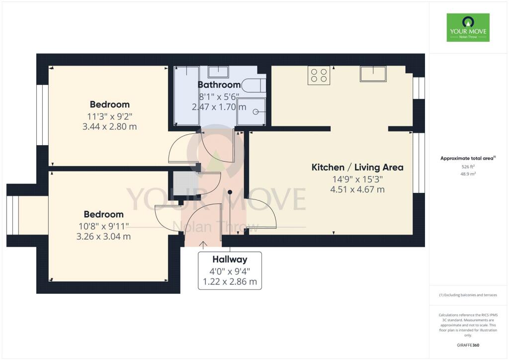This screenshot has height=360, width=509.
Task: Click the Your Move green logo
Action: point(468,27)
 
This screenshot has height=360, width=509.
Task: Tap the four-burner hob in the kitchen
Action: point(319,75)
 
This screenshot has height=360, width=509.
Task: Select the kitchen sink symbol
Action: point(373,74)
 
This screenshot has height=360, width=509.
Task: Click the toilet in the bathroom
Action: point(254,86)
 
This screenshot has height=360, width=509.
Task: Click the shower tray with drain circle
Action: point(251,111)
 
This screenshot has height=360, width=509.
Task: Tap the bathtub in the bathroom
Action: point(187,96)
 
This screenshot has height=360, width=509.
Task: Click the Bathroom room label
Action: point(219,85)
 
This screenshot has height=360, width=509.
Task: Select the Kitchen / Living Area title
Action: point(357,167)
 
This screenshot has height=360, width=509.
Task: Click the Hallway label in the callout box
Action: point(230,260)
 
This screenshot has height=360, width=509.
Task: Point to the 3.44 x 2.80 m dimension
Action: point(109,127)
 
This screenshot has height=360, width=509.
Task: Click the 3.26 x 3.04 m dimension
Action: point(103,236)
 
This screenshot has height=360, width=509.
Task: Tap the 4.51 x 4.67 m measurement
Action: point(357,189)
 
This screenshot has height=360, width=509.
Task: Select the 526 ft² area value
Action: point(468,167)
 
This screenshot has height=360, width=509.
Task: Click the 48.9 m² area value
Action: point(468,174)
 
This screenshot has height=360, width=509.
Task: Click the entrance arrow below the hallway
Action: point(203,245)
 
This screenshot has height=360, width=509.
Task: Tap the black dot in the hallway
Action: point(230,192)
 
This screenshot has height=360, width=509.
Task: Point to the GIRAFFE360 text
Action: point(468,345)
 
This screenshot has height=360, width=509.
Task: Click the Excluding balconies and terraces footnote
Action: point(468,295)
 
